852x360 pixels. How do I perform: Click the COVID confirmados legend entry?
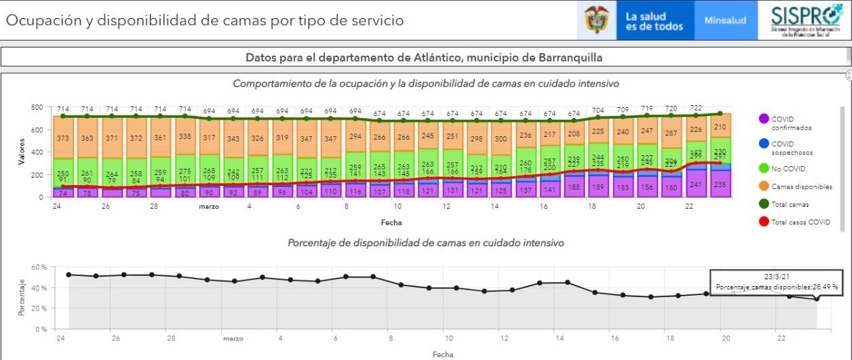tap(786, 123)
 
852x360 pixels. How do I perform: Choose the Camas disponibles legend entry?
tap(790, 185)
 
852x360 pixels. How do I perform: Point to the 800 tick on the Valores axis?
tap(37, 108)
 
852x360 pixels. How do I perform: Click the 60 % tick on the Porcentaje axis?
tap(38, 267)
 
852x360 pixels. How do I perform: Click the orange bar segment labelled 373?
tap(62, 139)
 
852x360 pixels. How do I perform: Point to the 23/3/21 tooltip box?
tap(776, 281)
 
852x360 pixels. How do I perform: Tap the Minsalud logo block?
tap(725, 20)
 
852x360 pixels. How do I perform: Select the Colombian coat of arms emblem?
tap(596, 21)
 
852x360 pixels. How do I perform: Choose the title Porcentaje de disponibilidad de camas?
tap(425, 242)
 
